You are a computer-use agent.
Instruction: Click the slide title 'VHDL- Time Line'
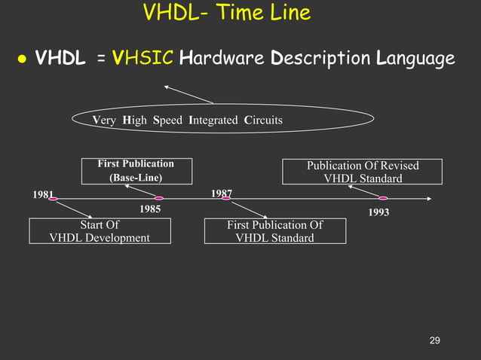[x=225, y=13]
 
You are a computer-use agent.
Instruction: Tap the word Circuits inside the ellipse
[x=263, y=121]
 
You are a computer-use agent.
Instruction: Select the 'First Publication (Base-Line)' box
[x=136, y=171]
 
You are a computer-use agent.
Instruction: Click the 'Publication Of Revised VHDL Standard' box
[x=363, y=172]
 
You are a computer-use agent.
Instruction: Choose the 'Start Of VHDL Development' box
[x=100, y=231]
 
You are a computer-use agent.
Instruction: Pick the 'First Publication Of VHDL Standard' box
[x=275, y=231]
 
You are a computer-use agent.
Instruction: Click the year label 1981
[x=43, y=194]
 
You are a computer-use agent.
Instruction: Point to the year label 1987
[x=221, y=194]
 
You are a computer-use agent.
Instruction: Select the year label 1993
[x=378, y=213]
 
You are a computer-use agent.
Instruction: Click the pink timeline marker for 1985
[x=159, y=199]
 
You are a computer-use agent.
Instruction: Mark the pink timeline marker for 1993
[x=383, y=199]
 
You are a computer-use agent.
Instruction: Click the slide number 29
[x=434, y=341]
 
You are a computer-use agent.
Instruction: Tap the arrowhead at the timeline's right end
[x=429, y=199]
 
